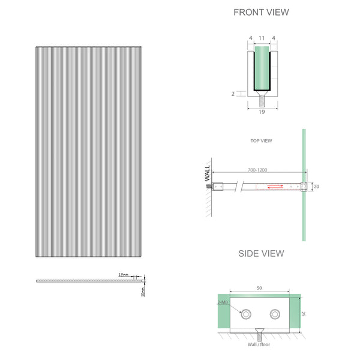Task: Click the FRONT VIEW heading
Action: tap(260, 12)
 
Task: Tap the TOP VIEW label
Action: tap(261, 141)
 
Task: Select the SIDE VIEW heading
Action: tap(261, 253)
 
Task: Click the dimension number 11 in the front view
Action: tap(261, 38)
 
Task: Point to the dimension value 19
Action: tap(261, 111)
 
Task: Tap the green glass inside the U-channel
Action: tap(261, 69)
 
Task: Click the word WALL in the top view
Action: tap(208, 175)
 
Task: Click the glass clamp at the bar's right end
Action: tap(304, 187)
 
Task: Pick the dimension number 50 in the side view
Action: tap(260, 289)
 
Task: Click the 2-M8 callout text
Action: tap(223, 303)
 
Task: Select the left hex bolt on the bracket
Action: tap(246, 313)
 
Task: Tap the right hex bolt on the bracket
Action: tap(275, 313)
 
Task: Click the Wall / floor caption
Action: tap(260, 344)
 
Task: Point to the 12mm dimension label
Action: tap(124, 274)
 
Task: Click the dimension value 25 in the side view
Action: tap(305, 313)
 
